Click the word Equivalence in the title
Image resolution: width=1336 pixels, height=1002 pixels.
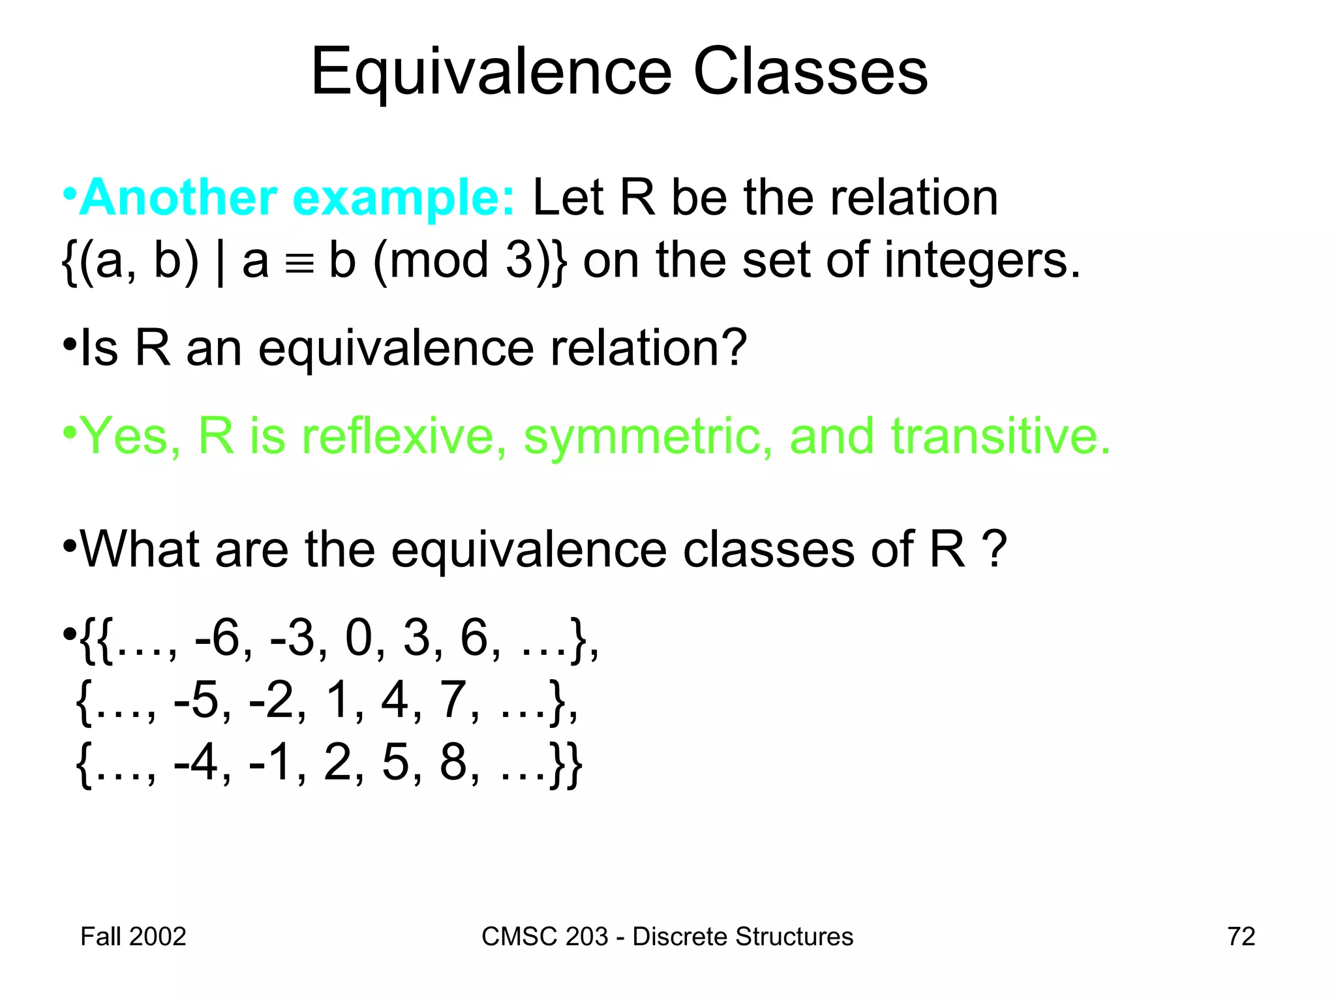tap(491, 73)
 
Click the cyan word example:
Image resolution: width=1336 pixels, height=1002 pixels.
tap(404, 198)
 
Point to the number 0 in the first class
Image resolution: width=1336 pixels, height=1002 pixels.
tap(359, 638)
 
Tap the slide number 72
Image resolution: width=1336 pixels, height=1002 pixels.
tap(1241, 937)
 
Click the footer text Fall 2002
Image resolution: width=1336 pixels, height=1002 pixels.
tap(133, 937)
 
